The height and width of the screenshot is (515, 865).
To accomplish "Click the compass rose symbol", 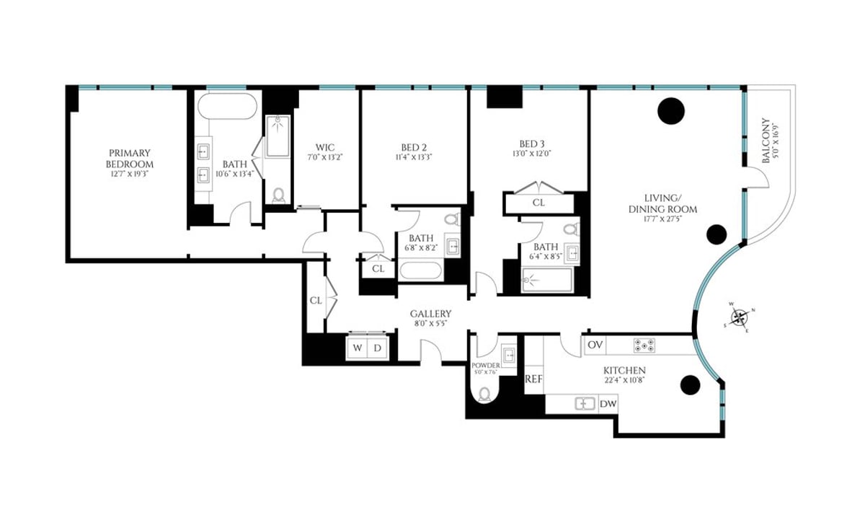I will pos(740,318).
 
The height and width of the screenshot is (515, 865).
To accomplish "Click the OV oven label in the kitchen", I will pos(595,345).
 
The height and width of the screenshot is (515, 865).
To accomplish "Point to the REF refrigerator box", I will pos(533,379).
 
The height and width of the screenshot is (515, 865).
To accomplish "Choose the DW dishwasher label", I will pos(608,404).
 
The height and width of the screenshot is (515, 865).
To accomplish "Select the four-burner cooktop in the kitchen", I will pos(643,345).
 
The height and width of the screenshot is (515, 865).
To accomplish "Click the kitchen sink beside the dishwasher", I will pos(585,404).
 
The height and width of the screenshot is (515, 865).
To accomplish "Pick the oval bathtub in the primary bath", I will pos(226,107).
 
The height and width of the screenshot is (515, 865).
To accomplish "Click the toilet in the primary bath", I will pos(279,195).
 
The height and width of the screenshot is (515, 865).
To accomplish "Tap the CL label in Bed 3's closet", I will pos(538,203).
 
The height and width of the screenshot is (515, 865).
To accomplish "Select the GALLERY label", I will pos(430,314).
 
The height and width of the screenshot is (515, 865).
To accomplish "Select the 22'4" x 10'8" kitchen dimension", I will pos(624,381).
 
